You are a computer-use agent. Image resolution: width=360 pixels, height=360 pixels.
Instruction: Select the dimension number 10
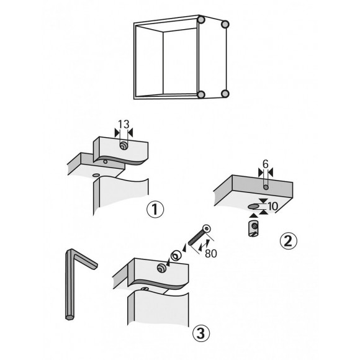click(272, 205)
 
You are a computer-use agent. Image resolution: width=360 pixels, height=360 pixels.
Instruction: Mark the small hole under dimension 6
click(264, 186)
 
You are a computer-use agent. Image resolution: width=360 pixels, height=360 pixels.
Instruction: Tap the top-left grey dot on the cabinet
click(201, 21)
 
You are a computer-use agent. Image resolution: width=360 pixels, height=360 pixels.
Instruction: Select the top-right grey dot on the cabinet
click(226, 25)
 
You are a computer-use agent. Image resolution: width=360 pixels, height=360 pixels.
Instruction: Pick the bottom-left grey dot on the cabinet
click(201, 94)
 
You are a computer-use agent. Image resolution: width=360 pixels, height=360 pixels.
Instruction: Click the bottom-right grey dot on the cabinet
click(225, 94)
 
